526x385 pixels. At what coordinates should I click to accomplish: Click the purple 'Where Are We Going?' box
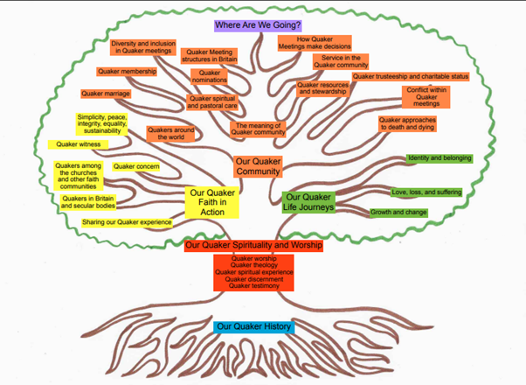click(x=263, y=25)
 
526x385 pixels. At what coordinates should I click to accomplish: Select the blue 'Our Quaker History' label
click(x=253, y=327)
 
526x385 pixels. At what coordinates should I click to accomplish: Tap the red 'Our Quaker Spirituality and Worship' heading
click(x=254, y=246)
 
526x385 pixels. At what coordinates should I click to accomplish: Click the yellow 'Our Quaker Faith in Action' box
click(x=212, y=202)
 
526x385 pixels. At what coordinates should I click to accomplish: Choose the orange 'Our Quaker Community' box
click(x=258, y=166)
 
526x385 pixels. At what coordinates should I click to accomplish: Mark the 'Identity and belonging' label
click(x=439, y=158)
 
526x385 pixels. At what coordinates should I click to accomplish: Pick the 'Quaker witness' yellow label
click(x=78, y=144)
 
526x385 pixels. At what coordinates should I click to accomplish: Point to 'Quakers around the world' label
click(x=171, y=134)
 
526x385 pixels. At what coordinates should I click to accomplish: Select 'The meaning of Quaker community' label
click(x=258, y=129)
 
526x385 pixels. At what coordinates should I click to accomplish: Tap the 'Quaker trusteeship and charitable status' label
click(x=411, y=77)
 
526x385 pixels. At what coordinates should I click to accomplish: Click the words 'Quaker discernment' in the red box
click(x=254, y=279)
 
